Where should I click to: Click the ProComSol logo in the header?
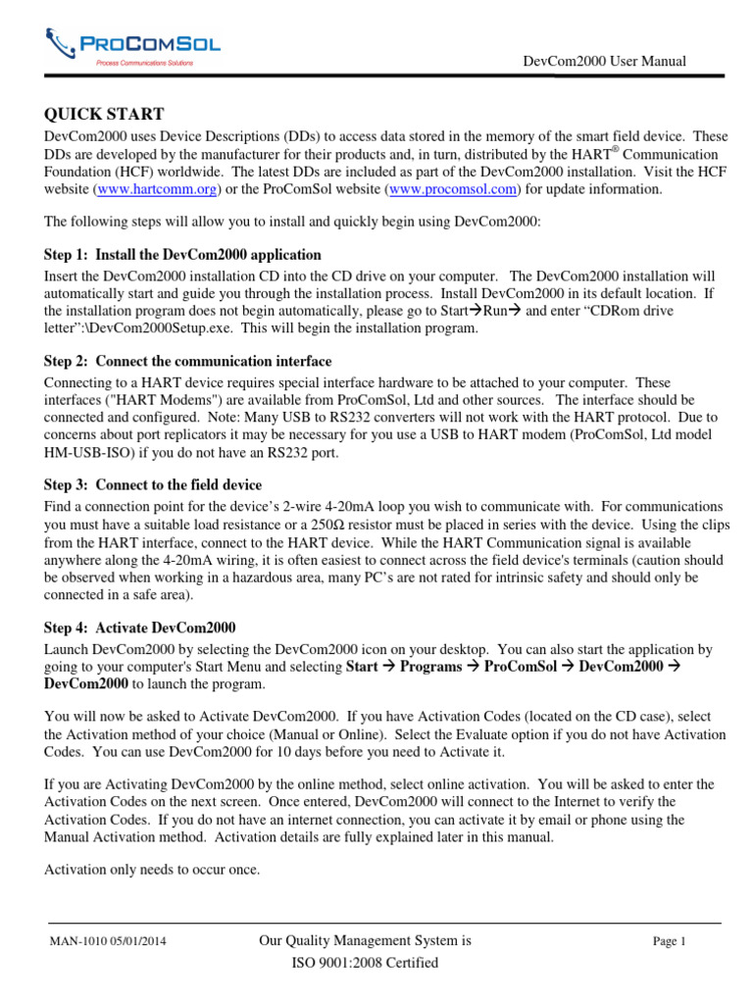(133, 46)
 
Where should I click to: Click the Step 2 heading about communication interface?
(188, 361)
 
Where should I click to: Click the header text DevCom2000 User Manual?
(605, 62)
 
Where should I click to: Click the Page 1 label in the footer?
(670, 941)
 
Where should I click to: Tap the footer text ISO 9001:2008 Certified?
(365, 963)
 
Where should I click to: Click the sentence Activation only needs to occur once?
(153, 868)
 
